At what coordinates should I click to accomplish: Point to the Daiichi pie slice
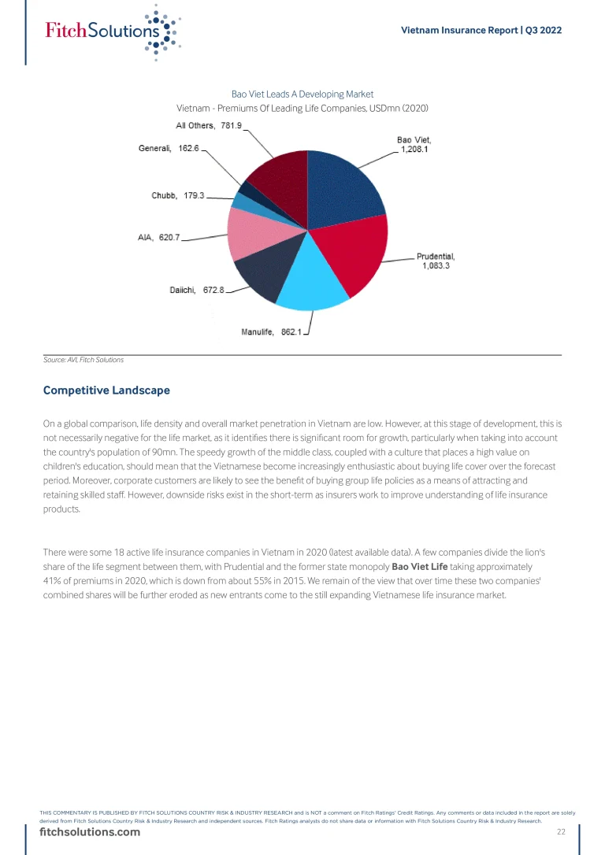(x=260, y=276)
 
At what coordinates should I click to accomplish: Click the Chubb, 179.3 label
(x=177, y=195)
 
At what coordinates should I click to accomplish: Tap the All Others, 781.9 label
(x=208, y=125)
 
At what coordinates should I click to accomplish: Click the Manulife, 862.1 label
(x=271, y=332)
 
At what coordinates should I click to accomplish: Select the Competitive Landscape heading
(x=106, y=390)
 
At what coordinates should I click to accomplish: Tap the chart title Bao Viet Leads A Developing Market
(x=302, y=94)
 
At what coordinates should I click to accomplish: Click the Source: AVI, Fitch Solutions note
(x=84, y=360)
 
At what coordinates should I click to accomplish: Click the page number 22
(x=561, y=832)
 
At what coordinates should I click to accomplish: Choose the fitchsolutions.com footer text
(x=90, y=832)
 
